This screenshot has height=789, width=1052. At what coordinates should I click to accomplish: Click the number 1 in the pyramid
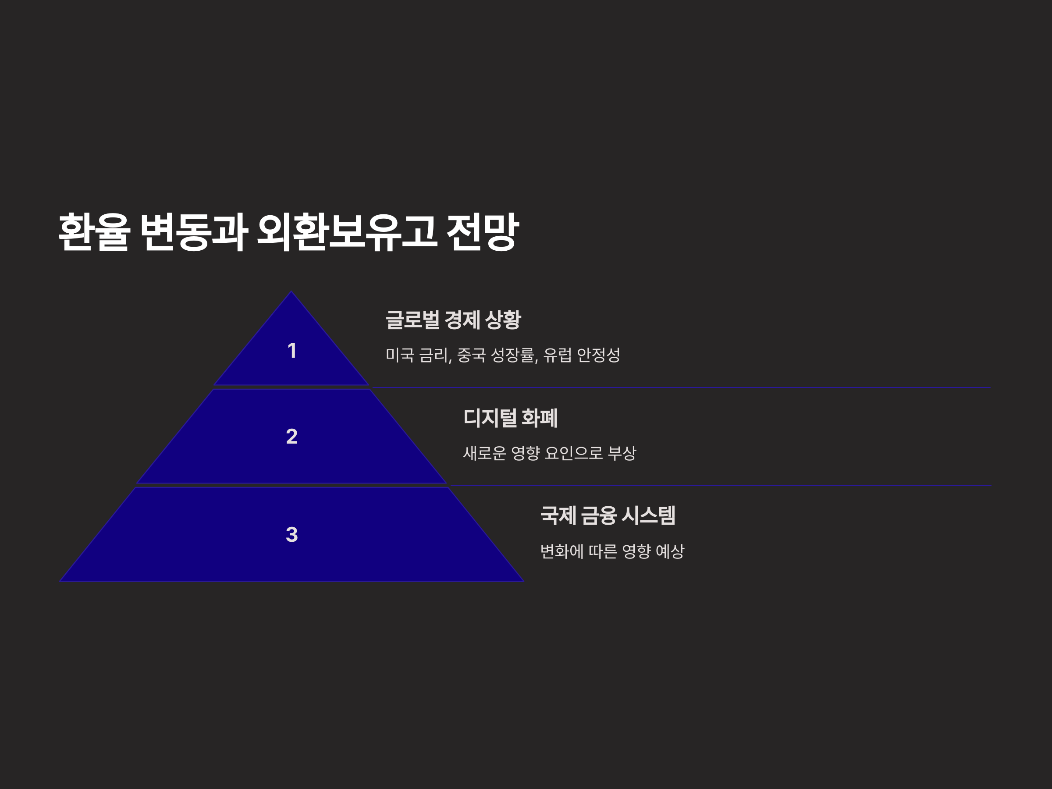pyautogui.click(x=292, y=351)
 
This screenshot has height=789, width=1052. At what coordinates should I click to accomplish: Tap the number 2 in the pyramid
pyautogui.click(x=292, y=437)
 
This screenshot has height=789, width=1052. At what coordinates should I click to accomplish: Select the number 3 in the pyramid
pyautogui.click(x=292, y=535)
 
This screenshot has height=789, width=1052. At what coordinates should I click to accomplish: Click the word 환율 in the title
pyautogui.click(x=94, y=231)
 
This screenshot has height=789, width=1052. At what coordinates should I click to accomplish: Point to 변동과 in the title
pyautogui.click(x=194, y=231)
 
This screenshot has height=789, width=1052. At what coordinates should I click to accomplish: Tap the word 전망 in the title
pyautogui.click(x=482, y=231)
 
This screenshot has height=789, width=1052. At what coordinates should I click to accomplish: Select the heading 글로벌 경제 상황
pyautogui.click(x=453, y=320)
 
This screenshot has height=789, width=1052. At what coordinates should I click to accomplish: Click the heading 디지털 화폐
pyautogui.click(x=510, y=418)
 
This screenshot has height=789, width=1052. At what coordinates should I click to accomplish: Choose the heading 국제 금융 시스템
pyautogui.click(x=608, y=515)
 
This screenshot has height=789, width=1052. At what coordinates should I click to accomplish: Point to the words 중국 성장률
pyautogui.click(x=496, y=355)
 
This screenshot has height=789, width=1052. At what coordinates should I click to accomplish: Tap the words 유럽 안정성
pyautogui.click(x=581, y=355)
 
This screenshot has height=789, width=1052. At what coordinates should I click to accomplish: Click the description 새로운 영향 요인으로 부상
pyautogui.click(x=549, y=453)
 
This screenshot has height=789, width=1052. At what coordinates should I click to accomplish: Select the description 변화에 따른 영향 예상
pyautogui.click(x=612, y=551)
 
